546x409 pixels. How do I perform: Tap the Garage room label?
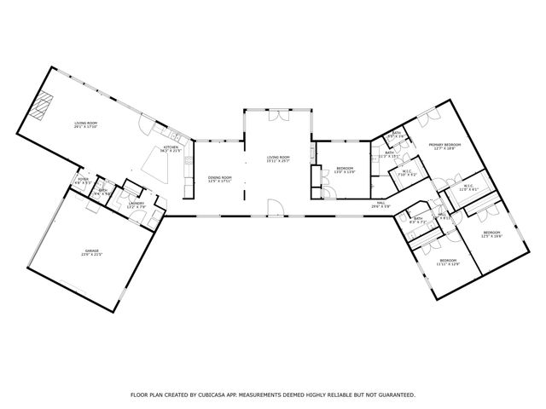(91, 253)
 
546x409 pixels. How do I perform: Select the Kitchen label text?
(171, 148)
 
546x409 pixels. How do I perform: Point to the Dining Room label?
(220, 178)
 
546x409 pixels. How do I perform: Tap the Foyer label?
(83, 180)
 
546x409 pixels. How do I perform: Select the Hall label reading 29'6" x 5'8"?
(380, 204)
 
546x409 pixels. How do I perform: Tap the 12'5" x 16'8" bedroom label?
(491, 234)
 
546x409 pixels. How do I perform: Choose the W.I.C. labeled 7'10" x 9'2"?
(406, 174)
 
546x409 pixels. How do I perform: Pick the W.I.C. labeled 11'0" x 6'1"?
(469, 187)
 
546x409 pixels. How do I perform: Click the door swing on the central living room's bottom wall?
(273, 207)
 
